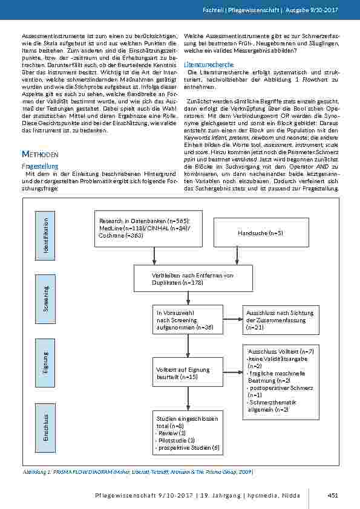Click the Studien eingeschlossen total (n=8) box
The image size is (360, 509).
(189, 433)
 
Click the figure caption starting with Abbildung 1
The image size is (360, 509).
(137, 472)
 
